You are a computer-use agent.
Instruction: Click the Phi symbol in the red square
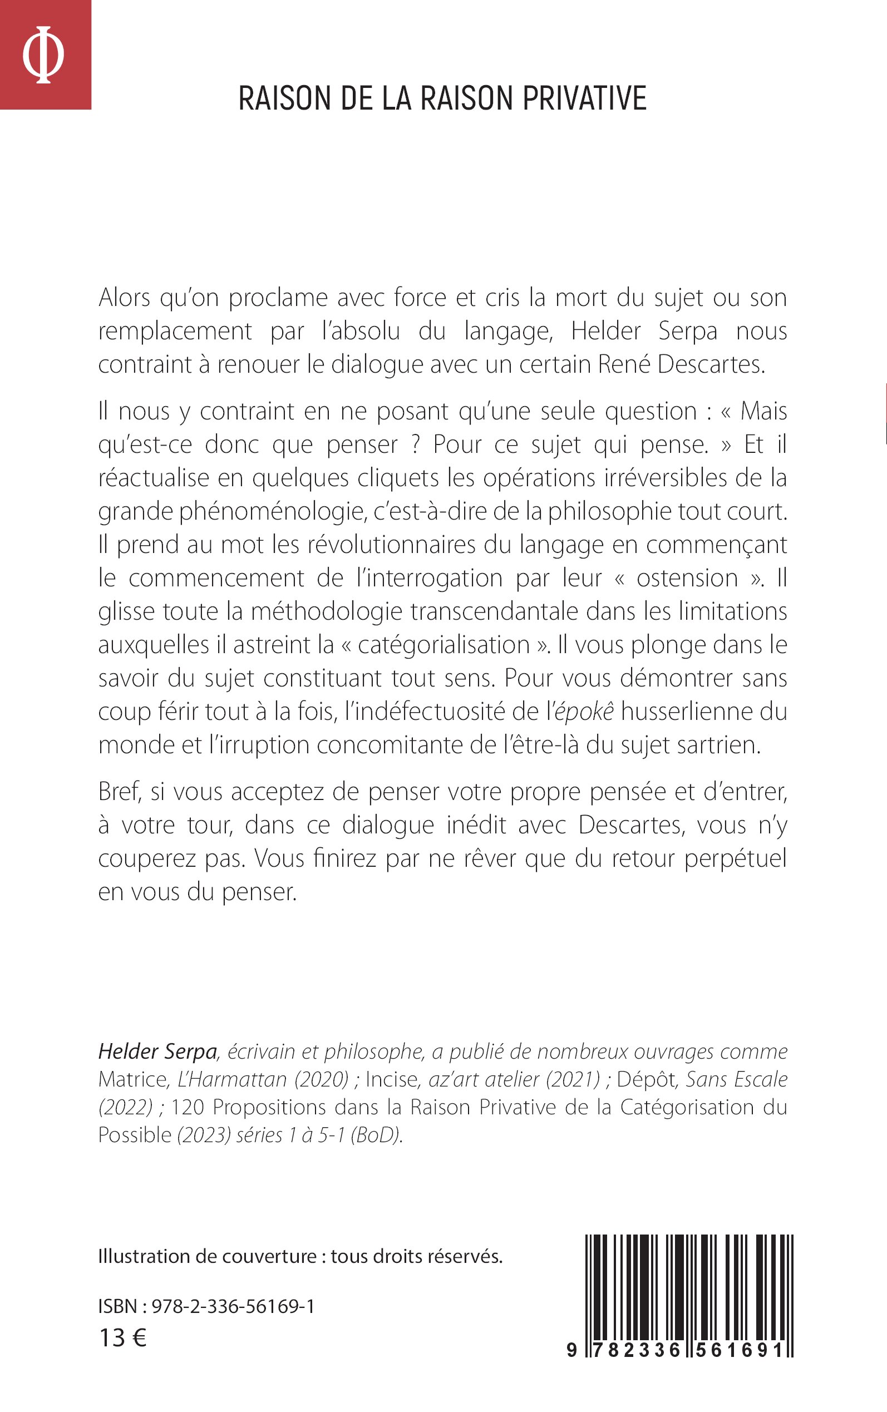coord(43,54)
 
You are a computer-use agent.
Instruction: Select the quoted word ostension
coord(687,578)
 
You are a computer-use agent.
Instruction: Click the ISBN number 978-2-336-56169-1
coord(233,1306)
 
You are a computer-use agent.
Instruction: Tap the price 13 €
coord(122,1338)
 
